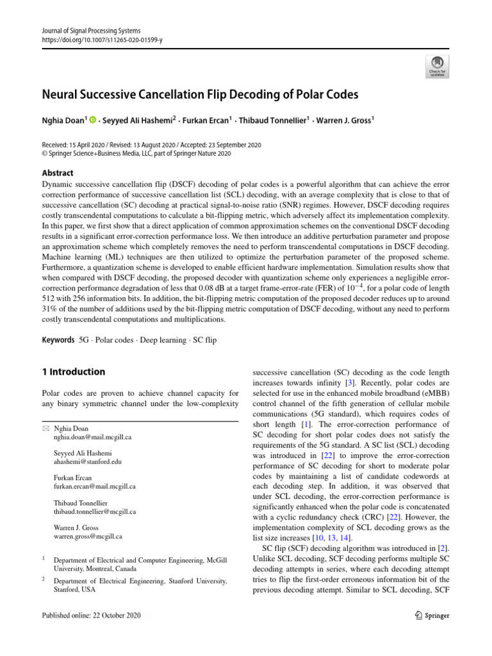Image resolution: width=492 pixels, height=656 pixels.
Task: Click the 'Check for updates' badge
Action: coord(437,65)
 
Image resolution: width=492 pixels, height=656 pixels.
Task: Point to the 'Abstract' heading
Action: coord(57,173)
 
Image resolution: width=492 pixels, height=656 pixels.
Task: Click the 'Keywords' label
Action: coord(57,340)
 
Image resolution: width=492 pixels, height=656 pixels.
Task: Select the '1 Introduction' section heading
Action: coord(73,372)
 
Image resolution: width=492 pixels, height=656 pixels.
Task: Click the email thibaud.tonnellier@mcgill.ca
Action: coord(95,512)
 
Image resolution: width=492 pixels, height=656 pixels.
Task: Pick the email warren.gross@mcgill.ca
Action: coord(88,536)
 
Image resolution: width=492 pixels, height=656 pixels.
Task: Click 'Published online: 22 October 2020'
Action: coord(90,615)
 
